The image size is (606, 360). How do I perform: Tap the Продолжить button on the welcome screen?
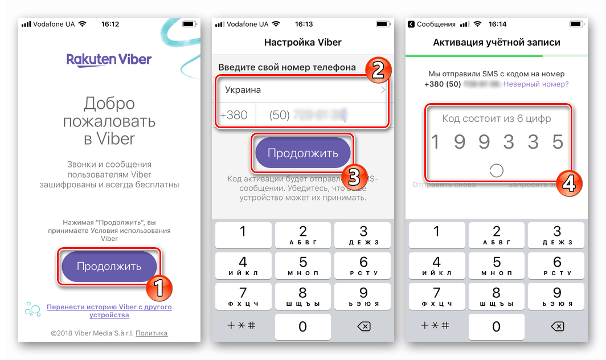coord(109,267)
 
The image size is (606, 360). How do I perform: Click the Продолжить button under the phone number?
coord(302,153)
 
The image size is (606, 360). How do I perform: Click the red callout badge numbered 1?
coord(159,288)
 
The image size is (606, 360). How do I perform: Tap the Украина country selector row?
coord(302,90)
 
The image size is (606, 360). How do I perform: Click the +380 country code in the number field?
coord(234,114)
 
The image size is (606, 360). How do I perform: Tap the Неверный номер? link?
coord(536,84)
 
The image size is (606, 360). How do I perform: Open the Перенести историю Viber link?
coord(109,311)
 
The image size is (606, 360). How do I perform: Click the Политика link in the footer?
coord(151,333)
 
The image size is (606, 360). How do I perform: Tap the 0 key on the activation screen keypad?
coord(496,326)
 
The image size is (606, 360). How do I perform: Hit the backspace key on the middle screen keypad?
coord(363,326)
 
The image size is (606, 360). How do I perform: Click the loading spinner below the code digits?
coord(496,170)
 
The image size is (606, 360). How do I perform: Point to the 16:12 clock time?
coord(110,24)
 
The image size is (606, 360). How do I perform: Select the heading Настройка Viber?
coord(302,43)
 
